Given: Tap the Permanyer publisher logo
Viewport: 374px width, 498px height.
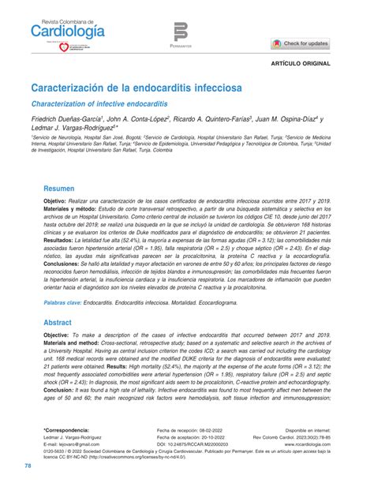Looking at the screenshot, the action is [181, 36].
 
